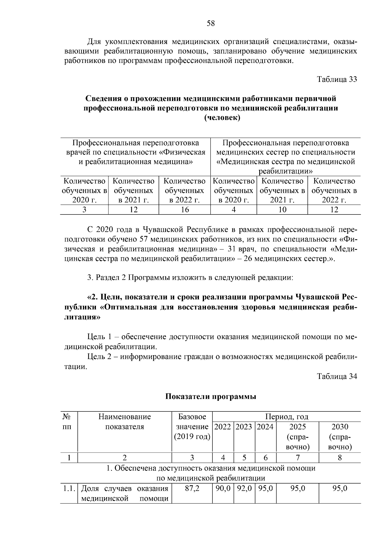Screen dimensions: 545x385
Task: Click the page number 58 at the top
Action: click(211, 23)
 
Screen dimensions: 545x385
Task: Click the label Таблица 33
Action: click(337, 79)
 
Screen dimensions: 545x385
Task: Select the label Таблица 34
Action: click(337, 376)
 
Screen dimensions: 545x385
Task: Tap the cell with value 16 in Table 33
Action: click(185, 210)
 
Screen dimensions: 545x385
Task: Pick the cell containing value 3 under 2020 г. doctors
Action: click(84, 210)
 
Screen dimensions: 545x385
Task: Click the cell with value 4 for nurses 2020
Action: click(234, 210)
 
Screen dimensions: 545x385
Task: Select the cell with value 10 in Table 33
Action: click(282, 210)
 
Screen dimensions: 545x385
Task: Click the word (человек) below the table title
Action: click(222, 118)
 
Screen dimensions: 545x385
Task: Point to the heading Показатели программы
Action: click(211, 397)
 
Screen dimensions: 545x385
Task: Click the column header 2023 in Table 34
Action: click(244, 427)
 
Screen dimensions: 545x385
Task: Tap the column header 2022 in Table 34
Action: click(223, 427)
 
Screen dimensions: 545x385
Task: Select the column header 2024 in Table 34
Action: click(265, 427)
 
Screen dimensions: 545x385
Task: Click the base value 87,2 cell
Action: click(192, 488)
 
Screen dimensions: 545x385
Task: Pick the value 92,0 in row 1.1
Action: click(244, 488)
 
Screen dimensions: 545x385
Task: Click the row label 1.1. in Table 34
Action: click(68, 488)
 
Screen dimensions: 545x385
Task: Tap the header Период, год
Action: click(287, 417)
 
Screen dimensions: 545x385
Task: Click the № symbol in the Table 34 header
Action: click(67, 417)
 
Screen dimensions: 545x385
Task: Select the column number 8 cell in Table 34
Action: click(340, 458)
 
